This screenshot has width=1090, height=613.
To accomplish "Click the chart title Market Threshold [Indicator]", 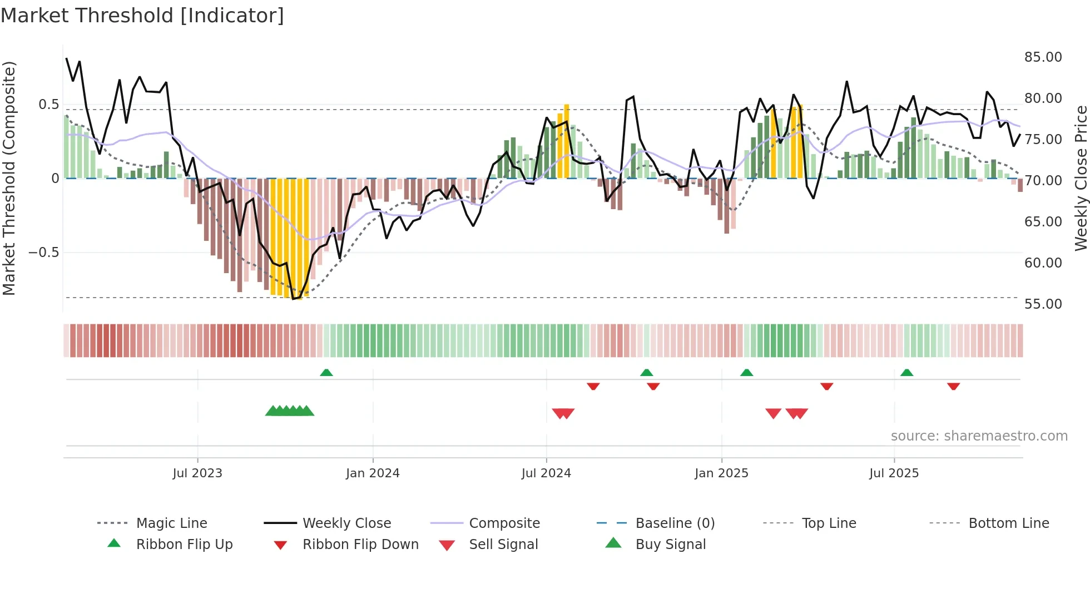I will [142, 16].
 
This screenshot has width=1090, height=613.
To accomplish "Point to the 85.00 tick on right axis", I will [1043, 57].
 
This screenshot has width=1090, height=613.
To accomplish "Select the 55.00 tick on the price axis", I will [1043, 304].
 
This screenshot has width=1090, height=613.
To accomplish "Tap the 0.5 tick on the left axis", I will [49, 105].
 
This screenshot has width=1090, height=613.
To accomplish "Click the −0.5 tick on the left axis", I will [44, 253].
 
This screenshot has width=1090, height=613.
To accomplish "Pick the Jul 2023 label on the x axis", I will [197, 473].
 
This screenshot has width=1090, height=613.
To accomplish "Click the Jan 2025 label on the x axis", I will [721, 473].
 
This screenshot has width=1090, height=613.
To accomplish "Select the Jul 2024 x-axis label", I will [546, 473].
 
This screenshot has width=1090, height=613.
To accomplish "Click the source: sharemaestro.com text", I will [979, 436].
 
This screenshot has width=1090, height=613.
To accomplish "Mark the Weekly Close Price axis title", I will [1081, 178].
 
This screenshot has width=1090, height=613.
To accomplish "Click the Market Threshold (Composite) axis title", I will [9, 178].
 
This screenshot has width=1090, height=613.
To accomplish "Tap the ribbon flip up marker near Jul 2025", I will [906, 373].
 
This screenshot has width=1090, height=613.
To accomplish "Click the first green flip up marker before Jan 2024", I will [326, 373].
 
